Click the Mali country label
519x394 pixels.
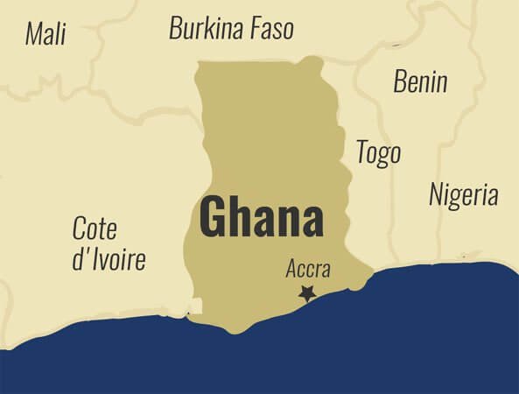(x=46, y=33)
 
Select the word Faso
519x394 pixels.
(x=268, y=28)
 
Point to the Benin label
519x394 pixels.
(x=420, y=81)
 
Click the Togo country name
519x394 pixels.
(x=378, y=152)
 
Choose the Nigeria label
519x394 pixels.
(x=463, y=194)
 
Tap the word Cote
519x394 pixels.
(x=95, y=229)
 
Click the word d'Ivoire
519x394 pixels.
(x=109, y=259)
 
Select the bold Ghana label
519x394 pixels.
(x=261, y=217)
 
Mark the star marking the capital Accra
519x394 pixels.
(x=306, y=294)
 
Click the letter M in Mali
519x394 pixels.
(x=33, y=33)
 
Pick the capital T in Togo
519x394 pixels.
(x=361, y=151)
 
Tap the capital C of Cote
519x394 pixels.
(x=79, y=229)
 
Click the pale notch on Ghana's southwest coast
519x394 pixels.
(x=194, y=306)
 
